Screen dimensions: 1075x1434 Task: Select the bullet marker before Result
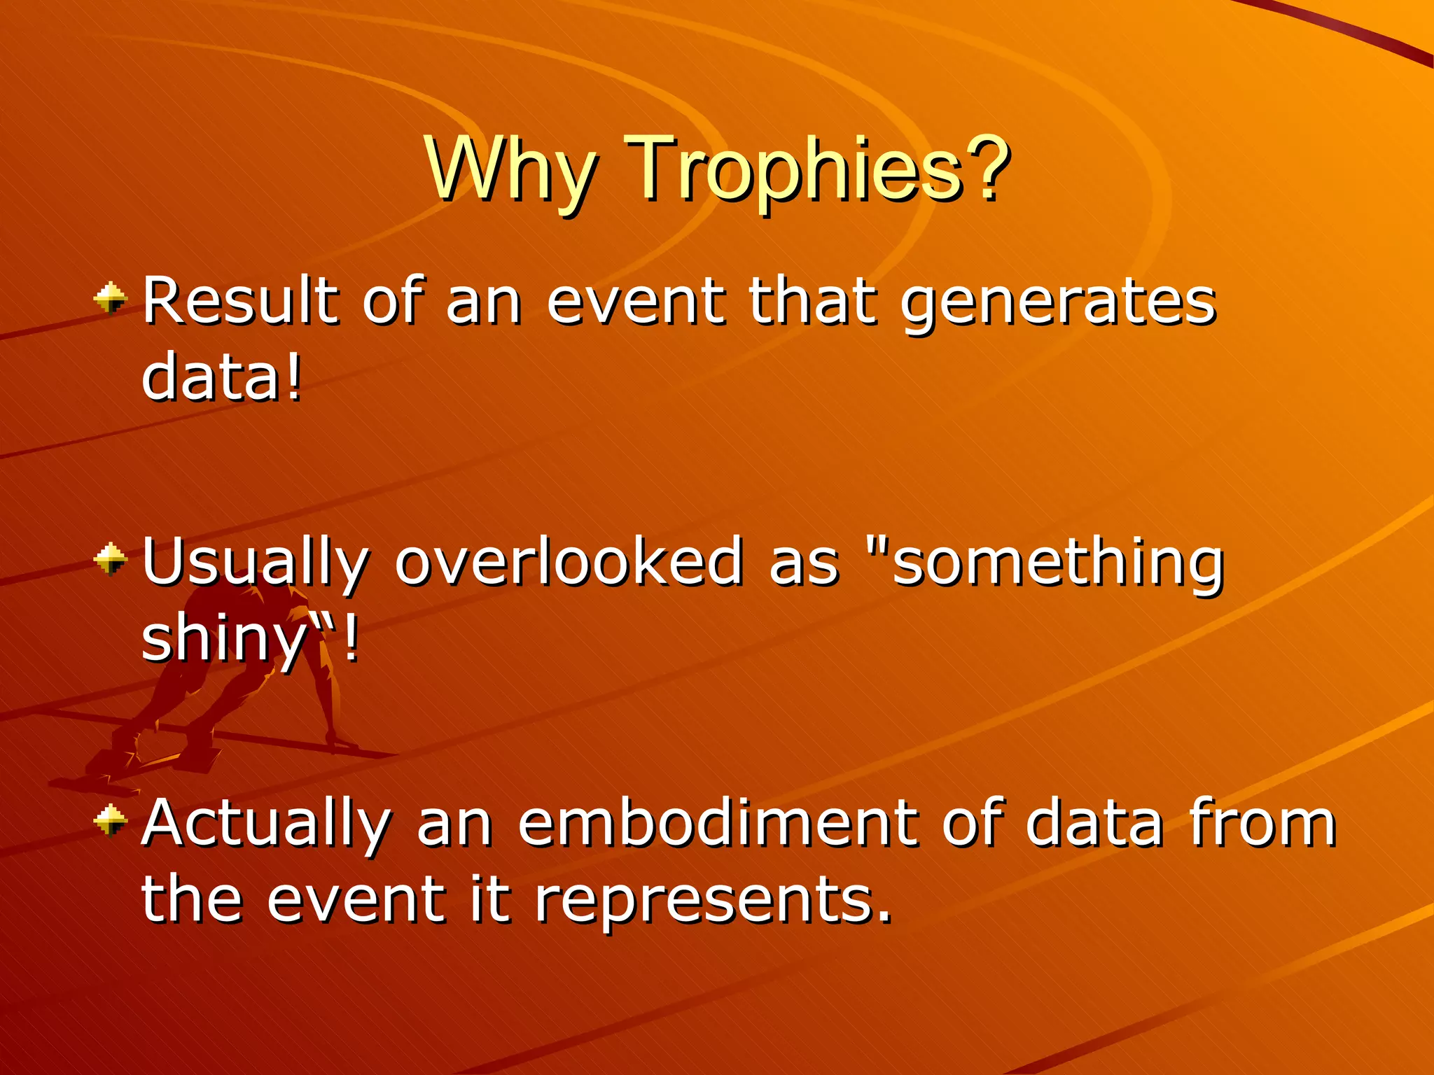coord(111,300)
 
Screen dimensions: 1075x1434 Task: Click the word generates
coord(1057,302)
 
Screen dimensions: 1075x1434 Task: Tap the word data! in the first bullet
coord(221,378)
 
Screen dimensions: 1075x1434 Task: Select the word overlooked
coord(567,561)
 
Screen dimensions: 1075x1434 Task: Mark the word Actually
coord(266,823)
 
